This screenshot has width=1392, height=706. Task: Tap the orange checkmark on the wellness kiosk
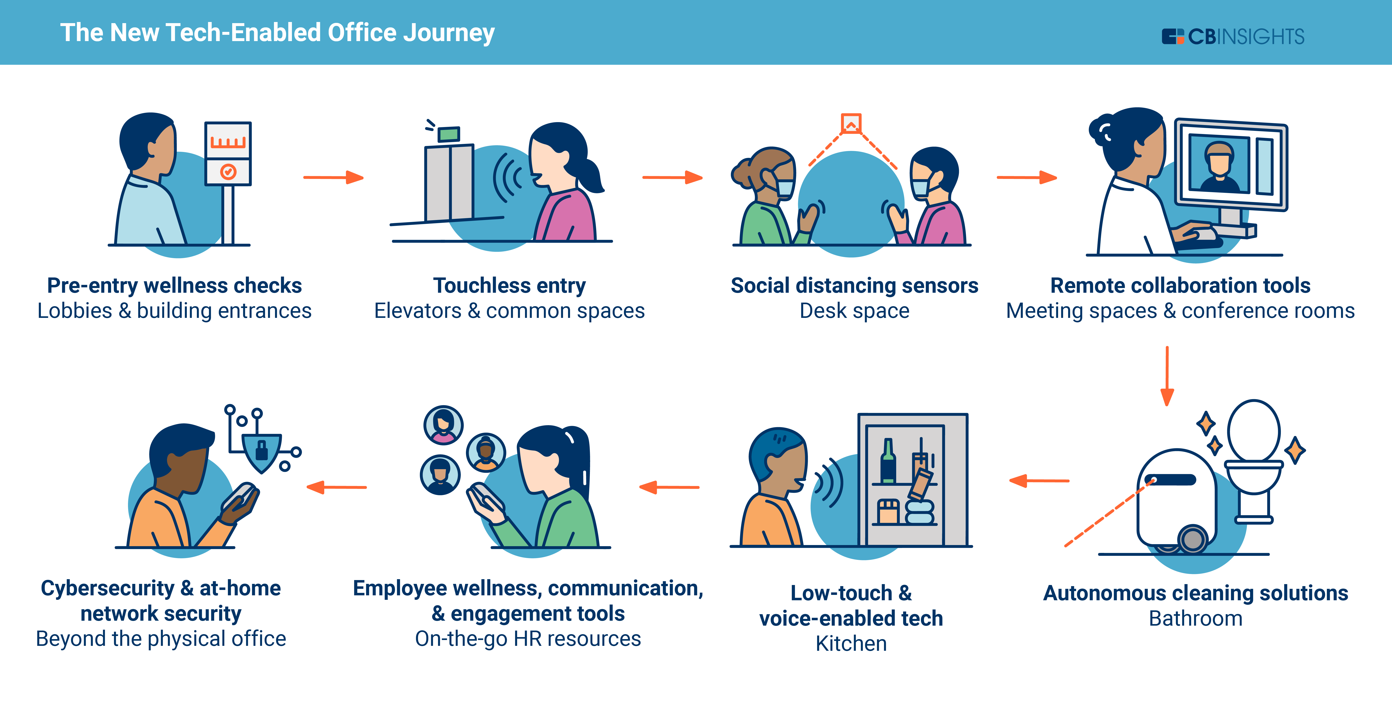point(228,172)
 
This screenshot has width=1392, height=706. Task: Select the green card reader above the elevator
point(448,134)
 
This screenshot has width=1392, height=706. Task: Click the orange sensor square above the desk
point(851,123)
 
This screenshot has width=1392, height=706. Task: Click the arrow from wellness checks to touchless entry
point(333,177)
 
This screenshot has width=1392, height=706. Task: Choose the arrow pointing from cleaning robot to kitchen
point(1039,480)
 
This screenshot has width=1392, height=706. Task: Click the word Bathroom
point(1195,618)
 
